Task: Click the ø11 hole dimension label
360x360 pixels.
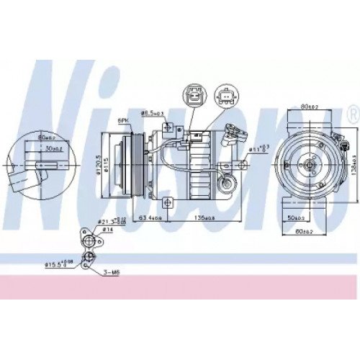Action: (x=258, y=149)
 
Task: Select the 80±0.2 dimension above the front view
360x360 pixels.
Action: (x=310, y=107)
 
